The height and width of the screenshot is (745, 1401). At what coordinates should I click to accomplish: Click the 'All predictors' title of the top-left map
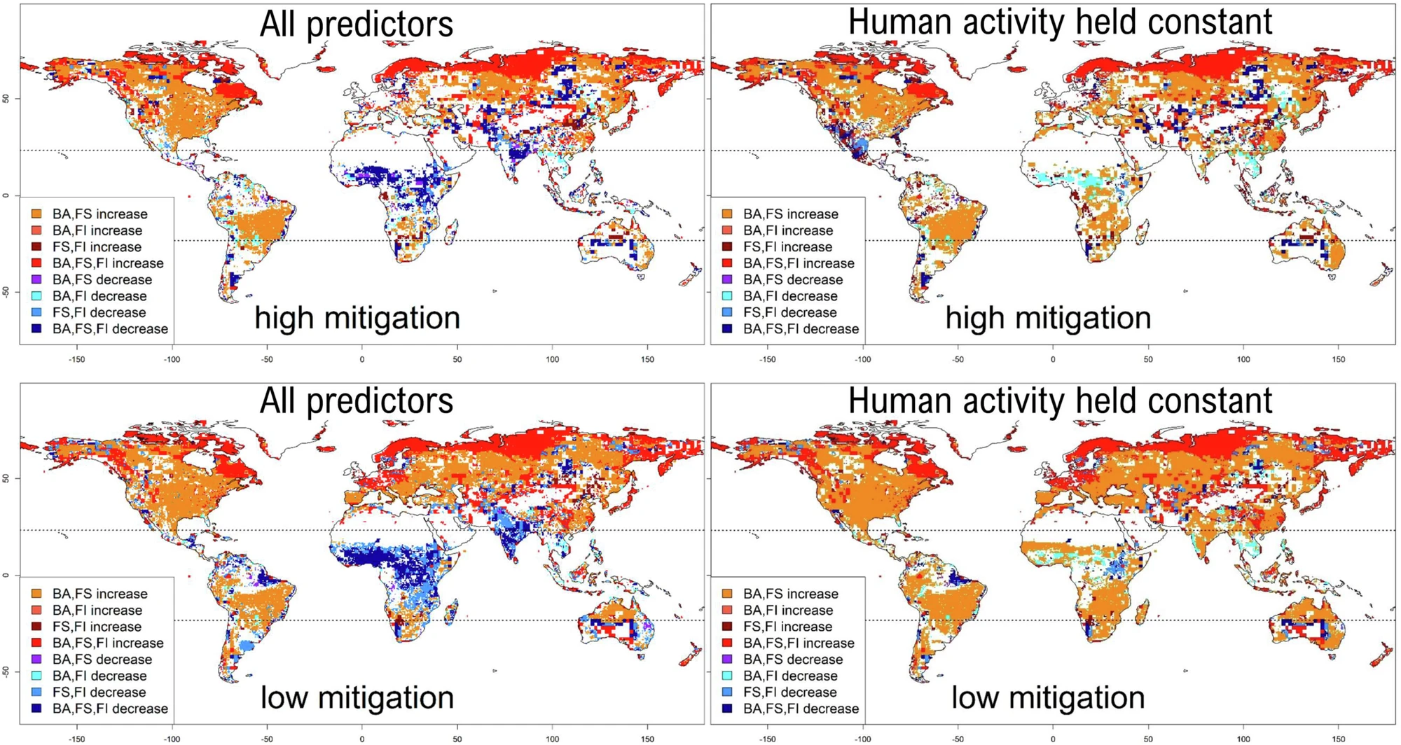[357, 24]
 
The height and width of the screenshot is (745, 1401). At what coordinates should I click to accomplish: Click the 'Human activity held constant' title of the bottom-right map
[1060, 401]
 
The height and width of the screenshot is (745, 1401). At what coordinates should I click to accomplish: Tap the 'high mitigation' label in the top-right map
[1048, 318]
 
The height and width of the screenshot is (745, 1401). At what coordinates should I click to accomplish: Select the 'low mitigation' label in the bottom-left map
[357, 697]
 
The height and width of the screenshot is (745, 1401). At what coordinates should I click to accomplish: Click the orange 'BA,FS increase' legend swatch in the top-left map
[36, 214]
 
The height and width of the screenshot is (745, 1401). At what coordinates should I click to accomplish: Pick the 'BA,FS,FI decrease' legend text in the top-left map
[110, 329]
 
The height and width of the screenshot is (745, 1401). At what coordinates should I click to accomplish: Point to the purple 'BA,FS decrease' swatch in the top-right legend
[728, 279]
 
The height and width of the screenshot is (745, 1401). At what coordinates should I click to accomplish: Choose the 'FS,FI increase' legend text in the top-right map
[787, 247]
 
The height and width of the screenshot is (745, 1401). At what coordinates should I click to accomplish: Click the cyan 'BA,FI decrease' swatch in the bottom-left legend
[36, 676]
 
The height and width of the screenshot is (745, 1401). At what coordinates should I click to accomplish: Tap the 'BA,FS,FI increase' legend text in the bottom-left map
[108, 643]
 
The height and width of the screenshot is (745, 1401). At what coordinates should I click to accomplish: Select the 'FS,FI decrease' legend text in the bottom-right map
[790, 692]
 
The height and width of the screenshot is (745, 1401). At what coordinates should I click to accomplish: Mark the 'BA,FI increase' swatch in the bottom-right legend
[728, 610]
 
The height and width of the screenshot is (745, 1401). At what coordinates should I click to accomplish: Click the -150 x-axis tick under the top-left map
[76, 359]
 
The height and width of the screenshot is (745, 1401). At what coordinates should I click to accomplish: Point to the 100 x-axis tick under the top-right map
[1243, 359]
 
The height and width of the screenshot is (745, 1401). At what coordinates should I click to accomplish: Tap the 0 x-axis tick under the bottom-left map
[362, 739]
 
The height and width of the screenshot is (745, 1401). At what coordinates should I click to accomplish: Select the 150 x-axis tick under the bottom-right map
[1339, 739]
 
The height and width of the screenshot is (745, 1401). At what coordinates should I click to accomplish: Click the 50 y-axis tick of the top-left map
[6, 99]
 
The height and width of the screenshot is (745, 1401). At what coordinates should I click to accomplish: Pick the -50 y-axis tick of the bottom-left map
[6, 671]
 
